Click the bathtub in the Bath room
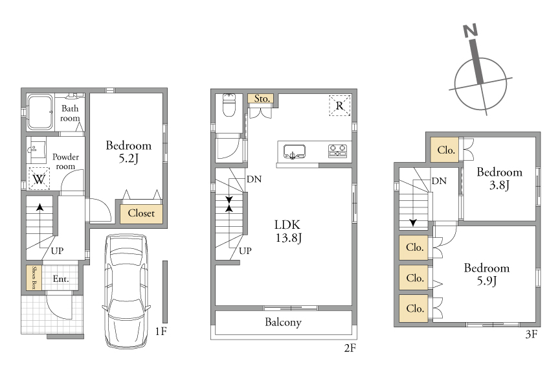(x=40, y=111)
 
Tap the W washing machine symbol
(x=39, y=178)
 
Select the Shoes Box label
(x=34, y=277)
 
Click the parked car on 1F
(x=126, y=290)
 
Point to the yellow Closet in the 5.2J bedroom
(x=141, y=214)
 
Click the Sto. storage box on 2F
(x=261, y=99)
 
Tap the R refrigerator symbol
(x=339, y=106)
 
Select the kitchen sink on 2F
(x=295, y=152)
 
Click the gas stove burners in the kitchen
(x=337, y=150)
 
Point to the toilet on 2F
(x=229, y=105)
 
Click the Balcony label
(x=283, y=322)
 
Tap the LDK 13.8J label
(x=288, y=231)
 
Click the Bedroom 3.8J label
(x=499, y=178)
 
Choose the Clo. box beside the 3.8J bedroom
(x=445, y=150)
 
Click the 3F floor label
(x=532, y=334)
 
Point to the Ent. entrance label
(x=61, y=279)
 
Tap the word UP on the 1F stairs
(x=57, y=251)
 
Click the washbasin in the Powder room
(x=36, y=150)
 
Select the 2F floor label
(x=350, y=347)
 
